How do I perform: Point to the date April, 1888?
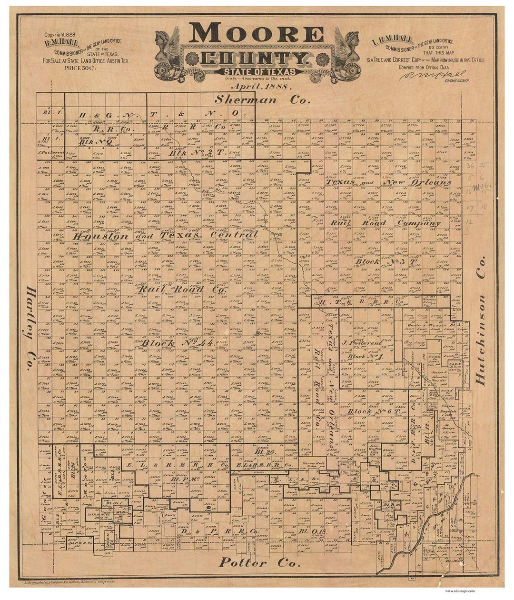click(x=261, y=87)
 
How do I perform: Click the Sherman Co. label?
click(x=262, y=100)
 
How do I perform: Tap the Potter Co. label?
click(x=259, y=563)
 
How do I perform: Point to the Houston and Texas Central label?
click(x=166, y=235)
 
